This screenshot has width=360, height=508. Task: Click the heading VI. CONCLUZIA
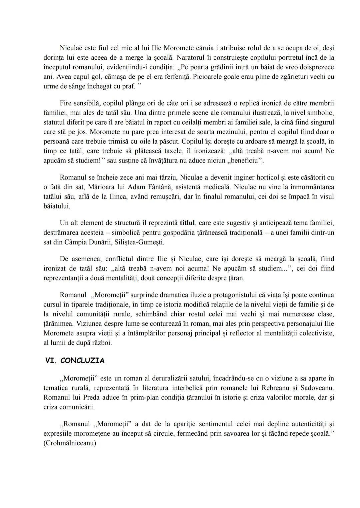pos(75,360)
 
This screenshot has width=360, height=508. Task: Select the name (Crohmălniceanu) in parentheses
pos(70,443)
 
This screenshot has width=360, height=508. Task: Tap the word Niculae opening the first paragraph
pos(71,48)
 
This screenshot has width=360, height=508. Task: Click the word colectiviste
pos(313,333)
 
